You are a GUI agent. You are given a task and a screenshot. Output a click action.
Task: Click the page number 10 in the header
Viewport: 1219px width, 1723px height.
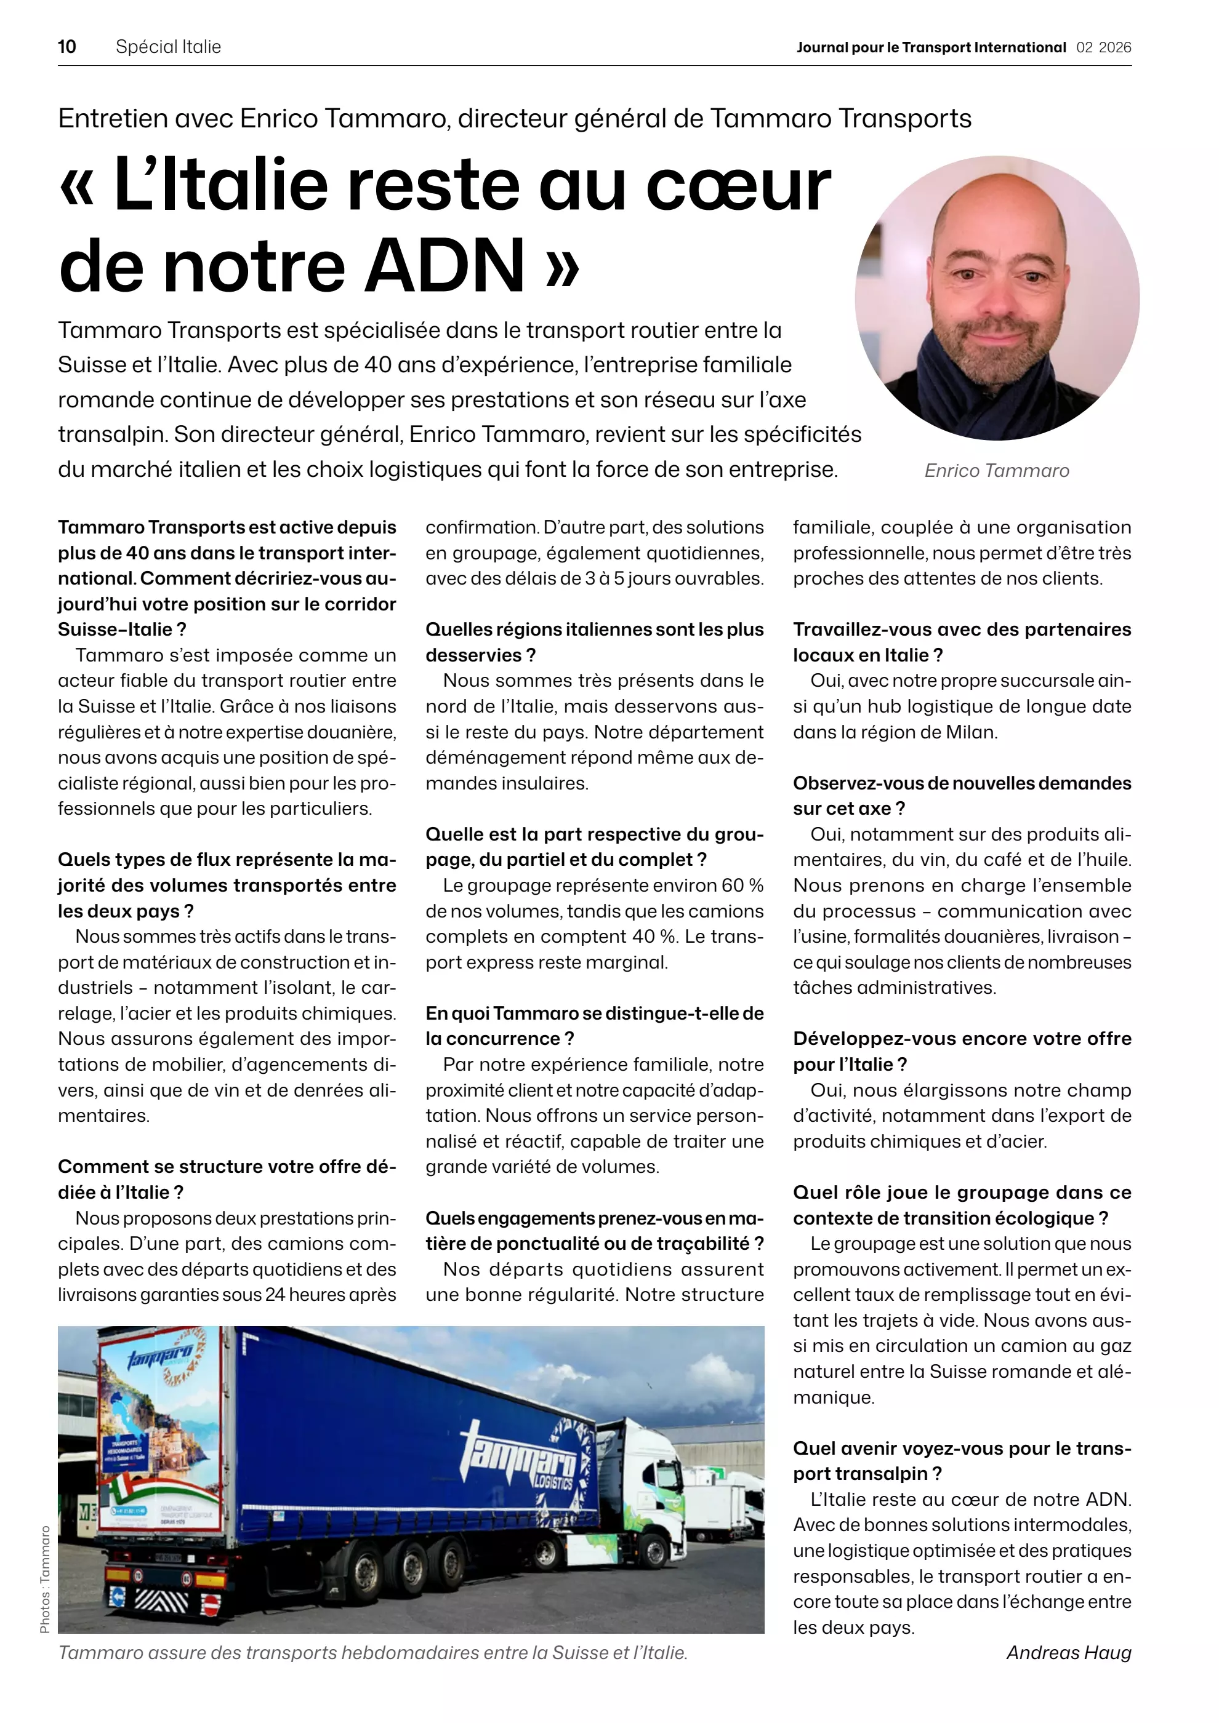[x=67, y=47]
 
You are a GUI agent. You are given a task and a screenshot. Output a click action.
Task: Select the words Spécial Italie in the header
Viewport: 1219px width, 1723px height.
[x=168, y=47]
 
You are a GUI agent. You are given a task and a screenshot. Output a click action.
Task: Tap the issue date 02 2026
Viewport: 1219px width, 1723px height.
[x=1103, y=47]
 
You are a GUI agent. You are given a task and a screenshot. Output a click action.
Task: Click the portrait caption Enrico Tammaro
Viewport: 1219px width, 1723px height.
[x=996, y=471]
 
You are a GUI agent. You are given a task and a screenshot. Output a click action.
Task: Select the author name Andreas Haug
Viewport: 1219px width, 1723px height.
[x=1068, y=1652]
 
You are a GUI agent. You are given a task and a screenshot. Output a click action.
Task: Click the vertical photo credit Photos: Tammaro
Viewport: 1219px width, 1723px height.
[x=44, y=1579]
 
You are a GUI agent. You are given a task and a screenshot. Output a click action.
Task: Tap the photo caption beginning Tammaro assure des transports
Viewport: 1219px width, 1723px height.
[x=373, y=1652]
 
